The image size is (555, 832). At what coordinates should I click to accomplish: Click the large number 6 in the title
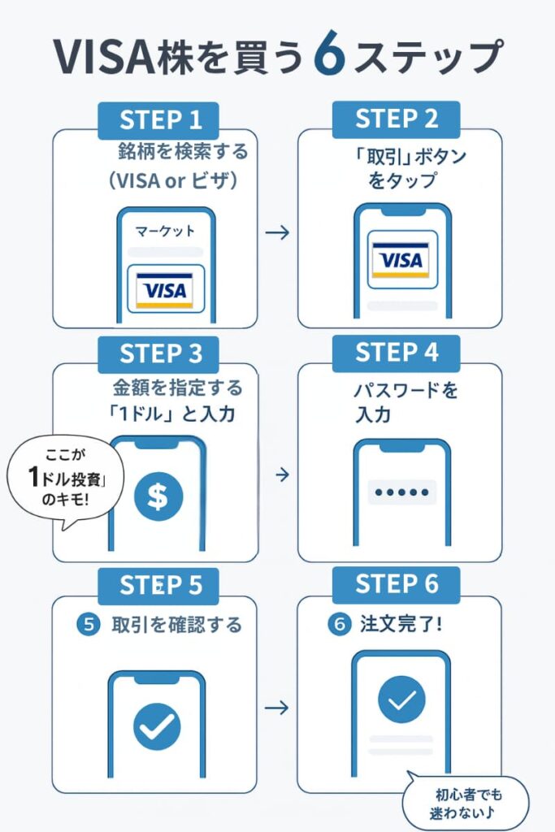[x=332, y=56]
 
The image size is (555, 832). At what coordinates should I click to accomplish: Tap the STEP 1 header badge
[x=160, y=120]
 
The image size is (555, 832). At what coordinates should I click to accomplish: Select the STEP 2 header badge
[x=397, y=119]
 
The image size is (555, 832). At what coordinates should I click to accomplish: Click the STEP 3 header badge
[x=160, y=353]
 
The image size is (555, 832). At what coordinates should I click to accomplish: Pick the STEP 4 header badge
[x=397, y=353]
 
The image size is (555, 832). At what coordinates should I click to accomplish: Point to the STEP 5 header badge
[x=160, y=585]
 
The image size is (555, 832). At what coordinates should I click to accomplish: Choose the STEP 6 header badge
[x=397, y=583]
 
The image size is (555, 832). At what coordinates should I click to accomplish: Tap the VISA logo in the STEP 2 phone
[x=401, y=260]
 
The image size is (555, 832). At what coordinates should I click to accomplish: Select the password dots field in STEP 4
[x=401, y=492]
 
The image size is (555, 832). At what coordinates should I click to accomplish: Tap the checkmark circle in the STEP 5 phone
[x=157, y=726]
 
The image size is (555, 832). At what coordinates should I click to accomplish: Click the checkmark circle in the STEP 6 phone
[x=401, y=699]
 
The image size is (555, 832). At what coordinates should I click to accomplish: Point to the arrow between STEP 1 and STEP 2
[x=278, y=233]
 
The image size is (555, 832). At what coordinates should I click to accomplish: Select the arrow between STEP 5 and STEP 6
[x=278, y=708]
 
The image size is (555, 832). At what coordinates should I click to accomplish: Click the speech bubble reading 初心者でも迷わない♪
[x=465, y=804]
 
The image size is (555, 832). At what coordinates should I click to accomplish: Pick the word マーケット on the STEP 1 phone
[x=166, y=231]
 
